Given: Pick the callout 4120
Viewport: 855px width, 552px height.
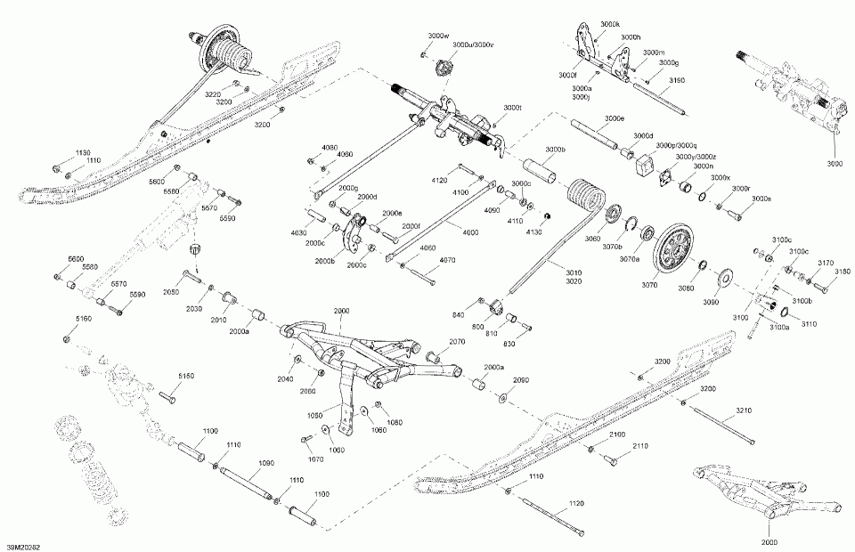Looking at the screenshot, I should [438, 180].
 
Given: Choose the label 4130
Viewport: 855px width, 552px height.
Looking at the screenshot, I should [533, 231].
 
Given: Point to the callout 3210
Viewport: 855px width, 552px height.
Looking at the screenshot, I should [745, 410].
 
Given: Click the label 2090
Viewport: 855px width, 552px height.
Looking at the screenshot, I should [521, 380].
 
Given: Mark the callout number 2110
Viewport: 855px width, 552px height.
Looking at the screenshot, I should [640, 446].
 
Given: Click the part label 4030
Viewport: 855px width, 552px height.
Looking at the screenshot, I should [299, 232].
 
